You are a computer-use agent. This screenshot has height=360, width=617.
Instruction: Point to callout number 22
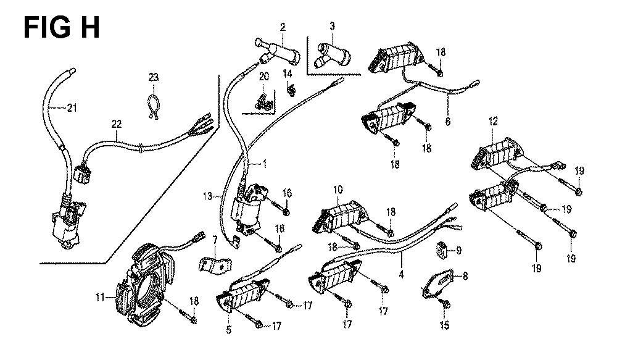(x=116, y=123)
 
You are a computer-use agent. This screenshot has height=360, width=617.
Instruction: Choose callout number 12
(x=493, y=122)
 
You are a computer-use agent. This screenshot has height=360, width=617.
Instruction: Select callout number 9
(x=458, y=251)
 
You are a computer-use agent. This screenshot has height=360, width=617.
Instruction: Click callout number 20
(x=264, y=77)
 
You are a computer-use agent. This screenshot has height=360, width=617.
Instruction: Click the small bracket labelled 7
(x=209, y=262)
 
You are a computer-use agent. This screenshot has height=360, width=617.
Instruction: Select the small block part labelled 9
(x=442, y=249)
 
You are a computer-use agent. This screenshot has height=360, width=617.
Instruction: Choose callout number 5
(x=228, y=330)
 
